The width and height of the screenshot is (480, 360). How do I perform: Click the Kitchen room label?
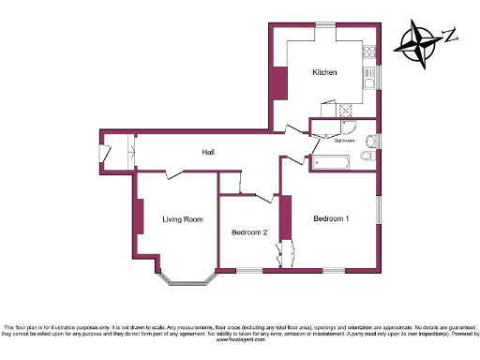pos(324,72)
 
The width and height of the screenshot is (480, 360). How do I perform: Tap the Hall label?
pos(209,152)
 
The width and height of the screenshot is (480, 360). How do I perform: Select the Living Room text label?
pos(182,219)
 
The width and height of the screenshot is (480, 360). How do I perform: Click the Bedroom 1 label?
pos(331,218)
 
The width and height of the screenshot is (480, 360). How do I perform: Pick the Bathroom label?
pos(344,142)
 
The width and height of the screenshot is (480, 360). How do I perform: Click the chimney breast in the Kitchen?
pos(278,83)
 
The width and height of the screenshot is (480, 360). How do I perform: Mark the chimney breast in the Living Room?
pos(138,215)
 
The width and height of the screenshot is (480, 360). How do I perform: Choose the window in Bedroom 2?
pos(248,270)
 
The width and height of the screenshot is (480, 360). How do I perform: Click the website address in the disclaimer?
pos(240,339)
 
